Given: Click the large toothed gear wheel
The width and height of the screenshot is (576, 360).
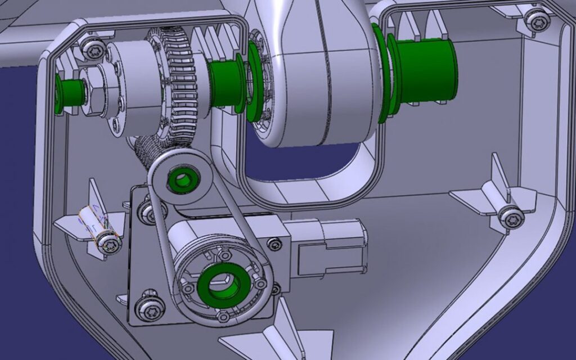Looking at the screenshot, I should [180, 84].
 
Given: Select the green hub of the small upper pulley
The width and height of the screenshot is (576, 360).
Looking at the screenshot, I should [182, 181].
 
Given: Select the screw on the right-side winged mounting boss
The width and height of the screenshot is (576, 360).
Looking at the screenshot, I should [511, 215].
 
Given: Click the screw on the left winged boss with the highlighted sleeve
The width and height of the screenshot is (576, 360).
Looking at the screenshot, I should [110, 244].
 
